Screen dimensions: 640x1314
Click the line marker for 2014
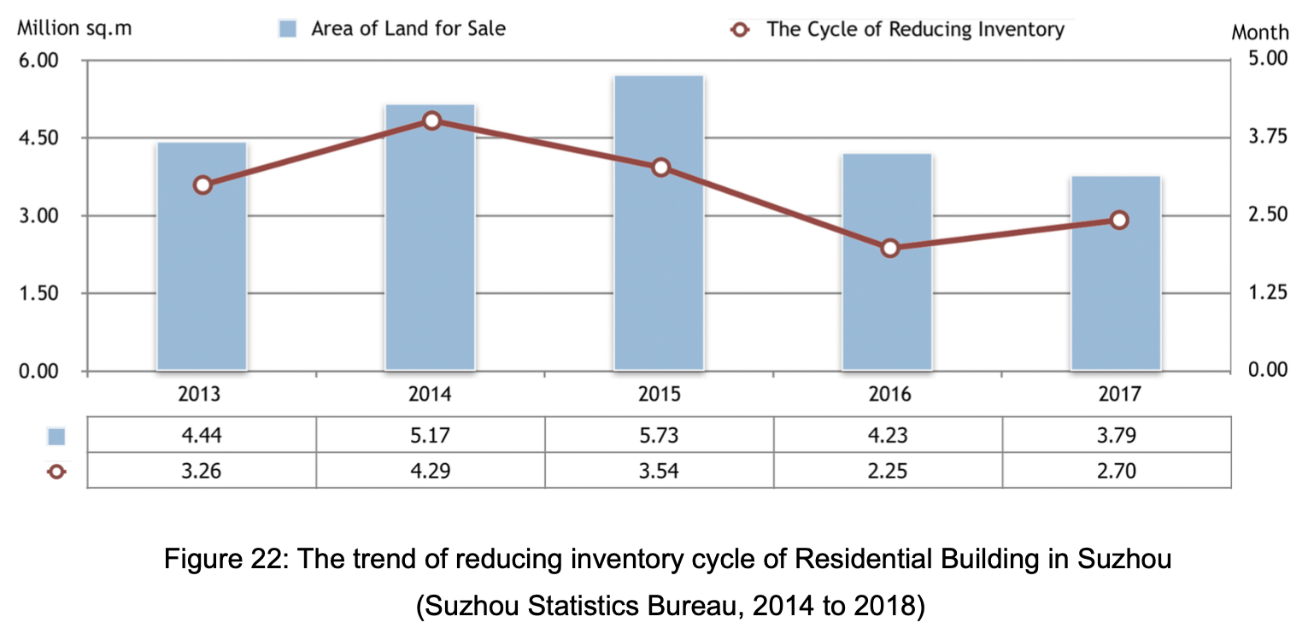tap(431, 120)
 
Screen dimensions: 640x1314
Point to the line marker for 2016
tap(889, 248)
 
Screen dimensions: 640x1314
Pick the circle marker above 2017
tap(1119, 220)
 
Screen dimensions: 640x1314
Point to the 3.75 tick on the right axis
tap(1268, 137)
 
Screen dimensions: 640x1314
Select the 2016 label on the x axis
tap(889, 394)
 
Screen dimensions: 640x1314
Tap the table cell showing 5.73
tap(659, 435)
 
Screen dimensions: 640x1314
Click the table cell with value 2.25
tap(888, 470)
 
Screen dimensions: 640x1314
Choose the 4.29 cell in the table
tap(430, 470)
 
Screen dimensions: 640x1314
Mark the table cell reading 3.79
tap(1116, 435)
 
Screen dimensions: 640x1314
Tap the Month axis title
tap(1260, 32)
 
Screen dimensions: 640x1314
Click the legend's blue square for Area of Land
tap(288, 29)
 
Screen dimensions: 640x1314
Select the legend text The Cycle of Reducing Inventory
tap(915, 29)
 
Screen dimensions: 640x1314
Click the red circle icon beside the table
tap(56, 471)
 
